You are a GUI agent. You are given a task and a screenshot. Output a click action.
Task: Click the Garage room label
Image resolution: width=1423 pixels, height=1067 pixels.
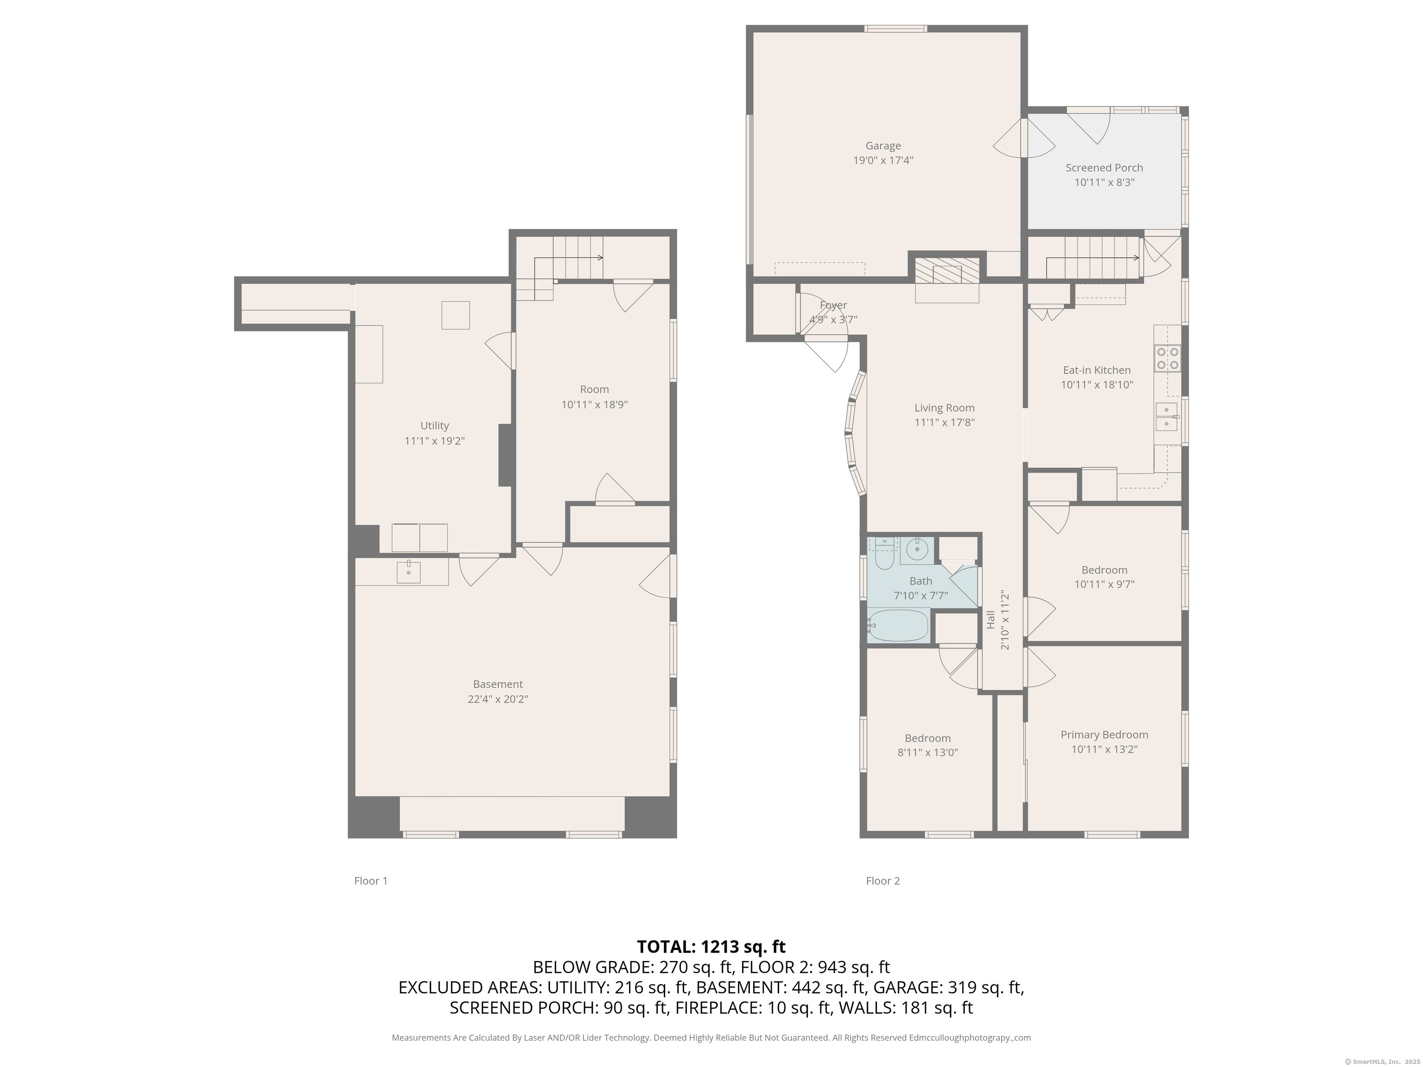882,146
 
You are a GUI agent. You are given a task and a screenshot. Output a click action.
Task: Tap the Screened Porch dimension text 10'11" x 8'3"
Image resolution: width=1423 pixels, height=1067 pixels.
1104,182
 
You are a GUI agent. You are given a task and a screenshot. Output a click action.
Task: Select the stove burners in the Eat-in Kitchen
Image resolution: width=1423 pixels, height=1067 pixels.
1168,358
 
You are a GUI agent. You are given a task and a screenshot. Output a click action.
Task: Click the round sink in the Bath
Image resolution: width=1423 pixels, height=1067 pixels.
916,549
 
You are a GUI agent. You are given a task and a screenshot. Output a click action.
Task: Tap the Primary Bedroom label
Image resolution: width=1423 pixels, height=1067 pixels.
1104,734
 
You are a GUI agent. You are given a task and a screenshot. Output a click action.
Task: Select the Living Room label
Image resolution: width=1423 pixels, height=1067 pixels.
944,408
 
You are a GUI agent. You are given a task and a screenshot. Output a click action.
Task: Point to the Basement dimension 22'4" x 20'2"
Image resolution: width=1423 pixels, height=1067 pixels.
497,699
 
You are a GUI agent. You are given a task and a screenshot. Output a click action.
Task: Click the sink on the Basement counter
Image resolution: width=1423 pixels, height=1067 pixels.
409,571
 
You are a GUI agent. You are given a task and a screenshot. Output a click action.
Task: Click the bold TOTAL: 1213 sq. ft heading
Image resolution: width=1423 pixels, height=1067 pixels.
711,947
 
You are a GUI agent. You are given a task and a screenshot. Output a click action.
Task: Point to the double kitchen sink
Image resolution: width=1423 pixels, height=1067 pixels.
1166,417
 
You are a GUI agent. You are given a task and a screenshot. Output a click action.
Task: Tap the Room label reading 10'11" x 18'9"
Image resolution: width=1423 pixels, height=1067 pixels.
594,405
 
